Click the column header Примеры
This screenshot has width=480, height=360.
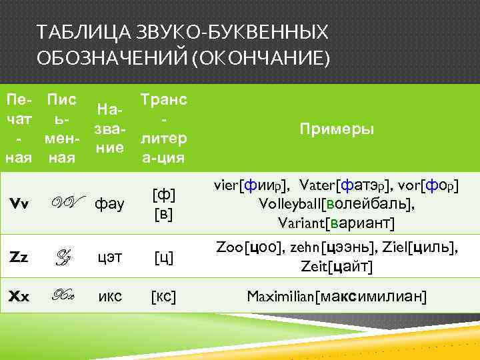[336, 129]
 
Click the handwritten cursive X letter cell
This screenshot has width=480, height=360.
[65, 296]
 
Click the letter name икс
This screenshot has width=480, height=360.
[109, 296]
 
